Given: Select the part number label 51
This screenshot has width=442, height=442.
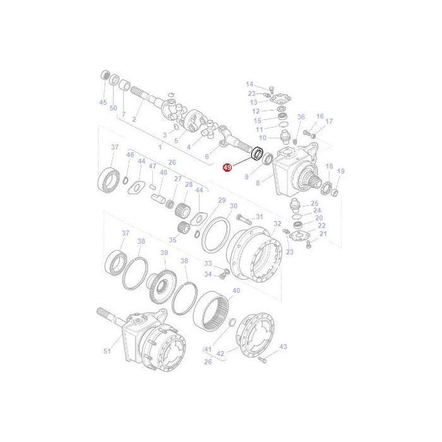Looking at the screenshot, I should click(107, 352).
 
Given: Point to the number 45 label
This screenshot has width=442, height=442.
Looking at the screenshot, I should click(103, 102).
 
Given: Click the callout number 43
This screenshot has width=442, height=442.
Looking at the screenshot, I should click(283, 347).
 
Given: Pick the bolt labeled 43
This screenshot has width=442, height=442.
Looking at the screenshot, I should click(261, 359).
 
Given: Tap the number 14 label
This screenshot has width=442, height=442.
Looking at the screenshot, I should click(249, 84).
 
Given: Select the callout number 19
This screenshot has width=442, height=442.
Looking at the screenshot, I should click(340, 171).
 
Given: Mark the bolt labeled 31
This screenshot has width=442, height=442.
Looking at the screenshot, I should click(243, 219).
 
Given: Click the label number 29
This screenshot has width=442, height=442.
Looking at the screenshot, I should click(221, 200).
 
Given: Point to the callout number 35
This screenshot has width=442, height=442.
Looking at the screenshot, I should click(174, 240).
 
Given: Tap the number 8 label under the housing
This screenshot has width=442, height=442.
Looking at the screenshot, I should click(257, 183).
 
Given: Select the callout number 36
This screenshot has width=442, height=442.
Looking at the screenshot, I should click(301, 117).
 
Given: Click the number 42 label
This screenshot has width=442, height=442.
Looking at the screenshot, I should click(220, 355).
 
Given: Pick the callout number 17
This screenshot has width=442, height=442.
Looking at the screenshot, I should click(329, 121).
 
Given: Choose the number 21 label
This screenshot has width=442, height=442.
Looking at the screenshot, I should click(323, 234).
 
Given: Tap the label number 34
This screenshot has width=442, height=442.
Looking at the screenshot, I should click(208, 274).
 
